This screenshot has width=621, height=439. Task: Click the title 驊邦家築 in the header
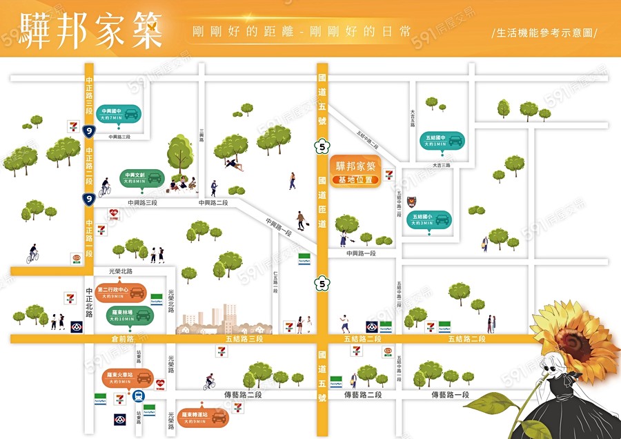(91, 30)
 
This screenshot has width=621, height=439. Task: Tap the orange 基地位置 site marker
(355, 173)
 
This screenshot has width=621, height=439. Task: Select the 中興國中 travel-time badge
(121, 114)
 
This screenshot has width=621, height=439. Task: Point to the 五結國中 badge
(442, 141)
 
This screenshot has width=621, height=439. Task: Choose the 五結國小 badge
(431, 219)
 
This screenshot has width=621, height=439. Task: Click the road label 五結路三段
(245, 339)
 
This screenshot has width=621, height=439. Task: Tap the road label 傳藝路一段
(450, 395)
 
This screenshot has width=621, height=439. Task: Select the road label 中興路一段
(361, 253)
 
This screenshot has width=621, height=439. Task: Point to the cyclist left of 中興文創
(104, 187)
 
